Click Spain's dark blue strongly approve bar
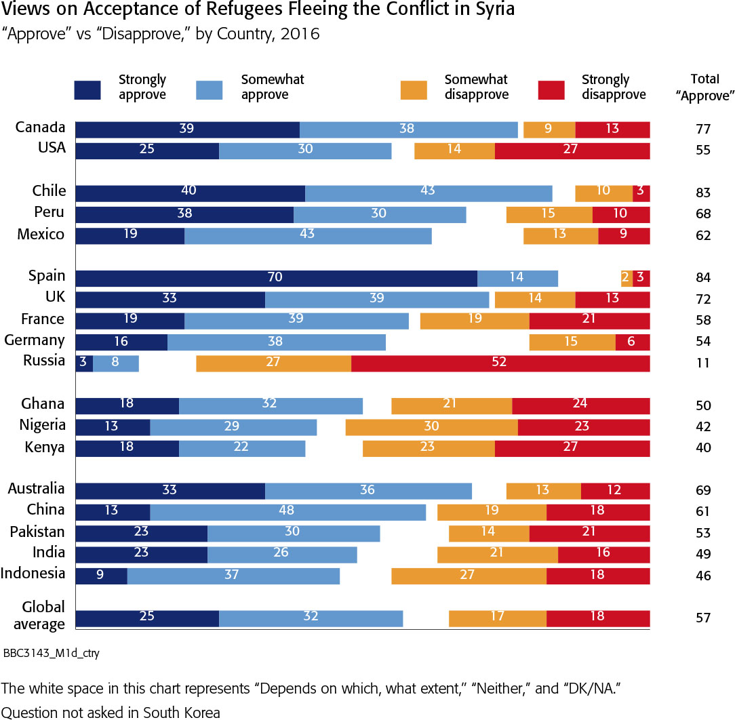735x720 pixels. [x=276, y=278]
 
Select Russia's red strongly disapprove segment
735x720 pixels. [x=500, y=363]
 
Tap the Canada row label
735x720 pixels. [x=40, y=127]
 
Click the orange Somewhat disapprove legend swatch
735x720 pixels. [x=414, y=89]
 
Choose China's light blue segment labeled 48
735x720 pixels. [x=287, y=511]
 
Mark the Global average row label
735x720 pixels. [x=43, y=616]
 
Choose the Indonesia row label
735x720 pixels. [x=33, y=574]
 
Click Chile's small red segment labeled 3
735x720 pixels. [x=641, y=193]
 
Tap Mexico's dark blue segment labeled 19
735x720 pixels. [x=130, y=235]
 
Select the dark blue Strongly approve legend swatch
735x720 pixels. [x=87, y=89]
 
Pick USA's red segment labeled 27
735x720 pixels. [x=572, y=150]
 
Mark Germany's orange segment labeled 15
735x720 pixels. [x=572, y=342]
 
